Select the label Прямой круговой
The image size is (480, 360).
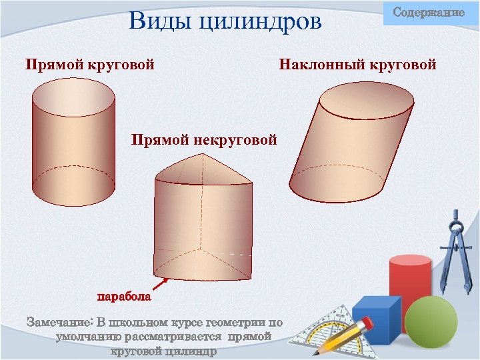pyautogui.click(x=90, y=65)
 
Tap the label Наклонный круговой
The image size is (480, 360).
pyautogui.click(x=358, y=65)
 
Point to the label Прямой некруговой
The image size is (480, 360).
pyautogui.click(x=203, y=140)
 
